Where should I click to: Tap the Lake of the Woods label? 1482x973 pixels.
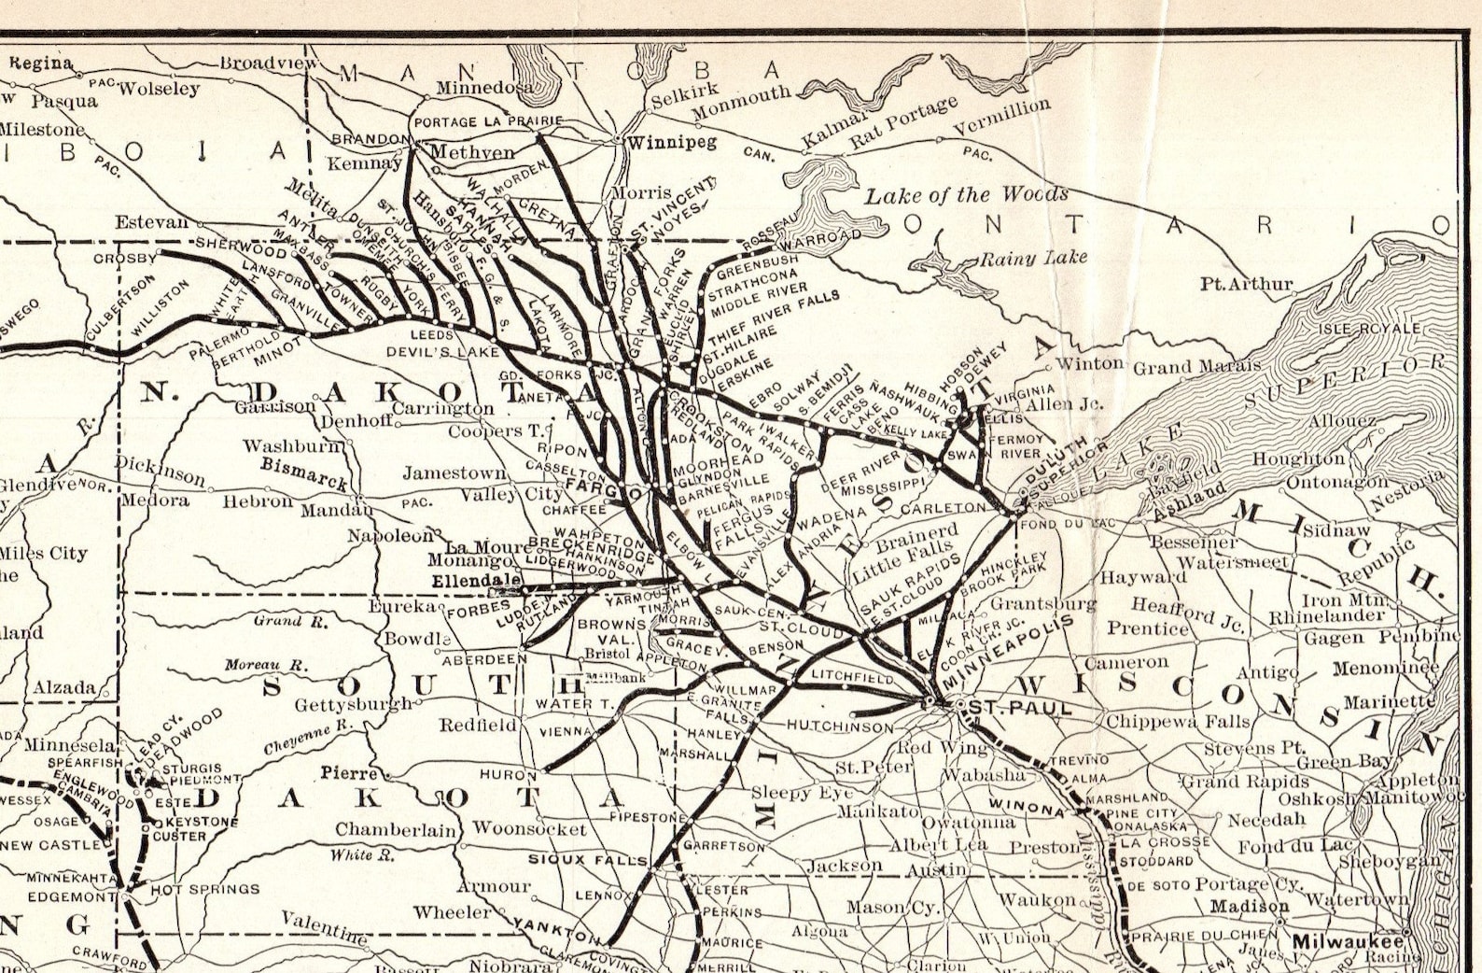pyautogui.click(x=966, y=195)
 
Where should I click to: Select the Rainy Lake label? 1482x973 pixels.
pyautogui.click(x=1033, y=257)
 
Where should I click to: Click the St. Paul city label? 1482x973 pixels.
pyautogui.click(x=1021, y=709)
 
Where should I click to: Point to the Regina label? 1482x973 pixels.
pyautogui.click(x=41, y=63)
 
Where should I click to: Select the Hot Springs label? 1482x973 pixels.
pyautogui.click(x=204, y=889)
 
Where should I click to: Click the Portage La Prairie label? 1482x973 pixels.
pyautogui.click(x=488, y=122)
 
